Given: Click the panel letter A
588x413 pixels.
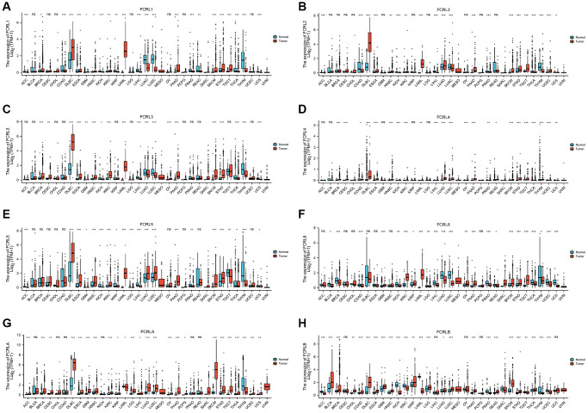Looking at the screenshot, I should [7, 6].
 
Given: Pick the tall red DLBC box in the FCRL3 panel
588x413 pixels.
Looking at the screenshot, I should [74, 141].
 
